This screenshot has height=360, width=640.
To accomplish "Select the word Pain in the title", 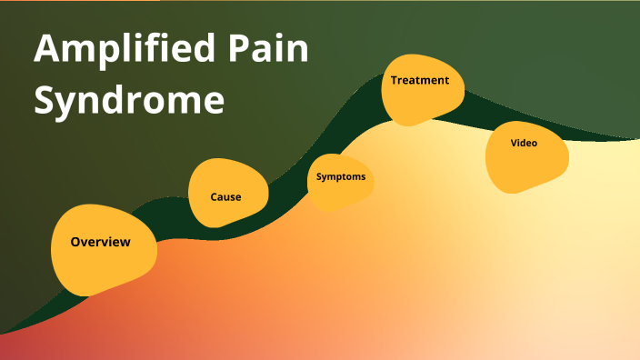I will pyautogui.click(x=275, y=51).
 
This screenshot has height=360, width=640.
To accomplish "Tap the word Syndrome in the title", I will pyautogui.click(x=128, y=99).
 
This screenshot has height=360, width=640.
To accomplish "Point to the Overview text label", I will pyautogui.click(x=100, y=242).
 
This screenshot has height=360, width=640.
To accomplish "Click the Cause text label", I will pyautogui.click(x=225, y=196).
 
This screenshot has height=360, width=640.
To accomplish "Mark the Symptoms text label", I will pyautogui.click(x=341, y=176).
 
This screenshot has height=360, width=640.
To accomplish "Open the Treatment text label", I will pyautogui.click(x=420, y=80).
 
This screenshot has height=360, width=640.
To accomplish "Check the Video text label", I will pyautogui.click(x=524, y=143).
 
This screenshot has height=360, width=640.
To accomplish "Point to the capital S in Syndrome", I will pyautogui.click(x=45, y=99).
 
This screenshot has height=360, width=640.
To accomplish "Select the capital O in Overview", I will pyautogui.click(x=76, y=242).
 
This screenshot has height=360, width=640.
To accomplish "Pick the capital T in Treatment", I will pyautogui.click(x=395, y=80).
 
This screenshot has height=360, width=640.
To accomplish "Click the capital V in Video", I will pyautogui.click(x=514, y=143).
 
